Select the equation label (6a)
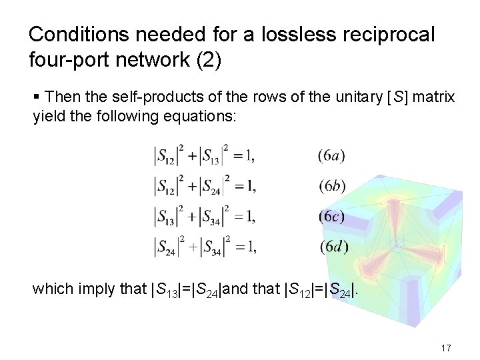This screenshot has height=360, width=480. [x=331, y=157]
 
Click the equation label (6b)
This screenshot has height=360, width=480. [x=331, y=186]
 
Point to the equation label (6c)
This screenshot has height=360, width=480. [x=331, y=216]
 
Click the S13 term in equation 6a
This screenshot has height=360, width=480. [x=212, y=157]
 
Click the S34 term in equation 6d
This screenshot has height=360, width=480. [x=213, y=246]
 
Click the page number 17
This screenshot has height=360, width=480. [x=446, y=349]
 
